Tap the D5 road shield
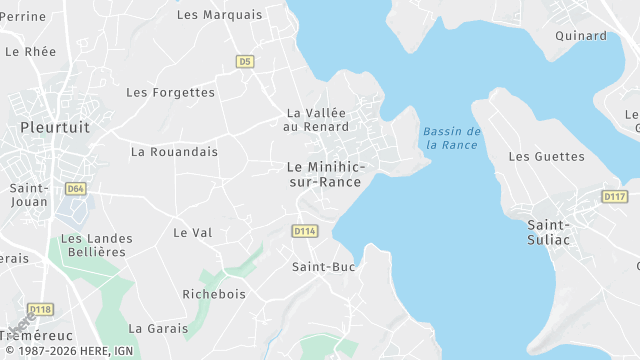245,62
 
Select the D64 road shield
75,188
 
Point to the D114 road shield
305,231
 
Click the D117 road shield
615,196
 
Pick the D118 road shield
40,310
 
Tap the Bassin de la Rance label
452,138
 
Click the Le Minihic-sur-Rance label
324,174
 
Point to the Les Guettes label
546,157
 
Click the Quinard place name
581,36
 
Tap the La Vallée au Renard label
317,120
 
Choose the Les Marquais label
219,15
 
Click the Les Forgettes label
170,92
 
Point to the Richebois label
214,294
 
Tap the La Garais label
158,328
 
